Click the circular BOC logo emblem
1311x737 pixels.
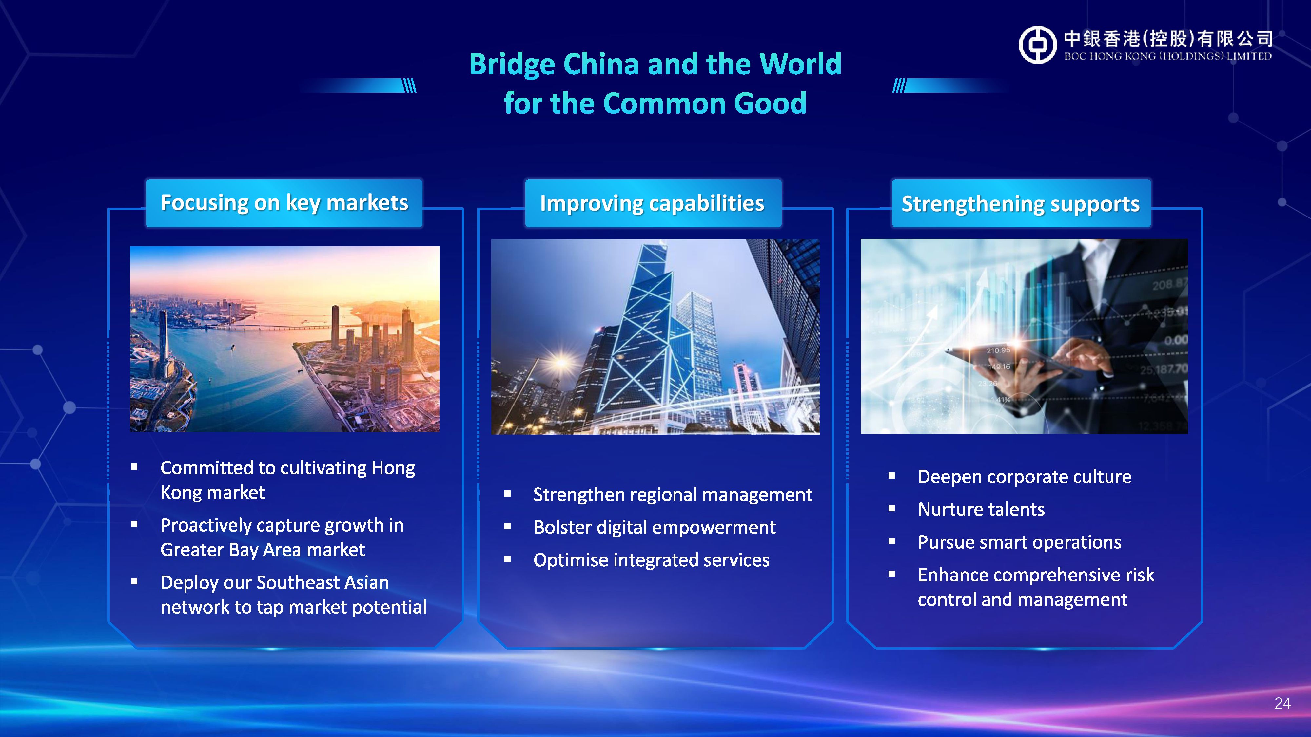[1038, 45]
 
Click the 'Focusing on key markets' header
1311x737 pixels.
[284, 203]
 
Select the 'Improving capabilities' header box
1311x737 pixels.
[653, 203]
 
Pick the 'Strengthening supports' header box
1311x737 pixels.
[1021, 203]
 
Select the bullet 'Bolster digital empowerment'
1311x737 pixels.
[655, 527]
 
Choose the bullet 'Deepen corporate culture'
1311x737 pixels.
[1025, 477]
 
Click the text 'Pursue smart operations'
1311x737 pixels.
[1019, 542]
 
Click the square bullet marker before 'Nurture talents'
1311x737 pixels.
[891, 509]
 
